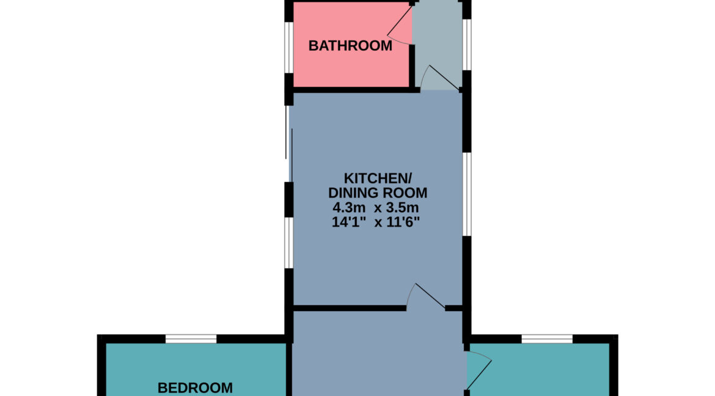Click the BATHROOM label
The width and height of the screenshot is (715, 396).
click(350, 46)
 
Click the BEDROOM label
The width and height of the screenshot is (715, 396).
click(195, 388)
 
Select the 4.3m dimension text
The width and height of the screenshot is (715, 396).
click(349, 208)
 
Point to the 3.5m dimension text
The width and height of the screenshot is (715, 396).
click(402, 208)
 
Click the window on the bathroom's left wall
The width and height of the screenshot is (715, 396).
click(288, 47)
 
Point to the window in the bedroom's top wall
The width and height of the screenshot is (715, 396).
click(191, 339)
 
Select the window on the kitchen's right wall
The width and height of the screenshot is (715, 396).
click(466, 194)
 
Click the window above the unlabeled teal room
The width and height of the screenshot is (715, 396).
click(547, 339)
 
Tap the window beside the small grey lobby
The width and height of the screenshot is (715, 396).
click(466, 44)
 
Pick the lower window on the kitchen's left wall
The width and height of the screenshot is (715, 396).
click(288, 242)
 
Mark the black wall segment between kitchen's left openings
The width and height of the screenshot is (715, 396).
click(288, 199)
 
